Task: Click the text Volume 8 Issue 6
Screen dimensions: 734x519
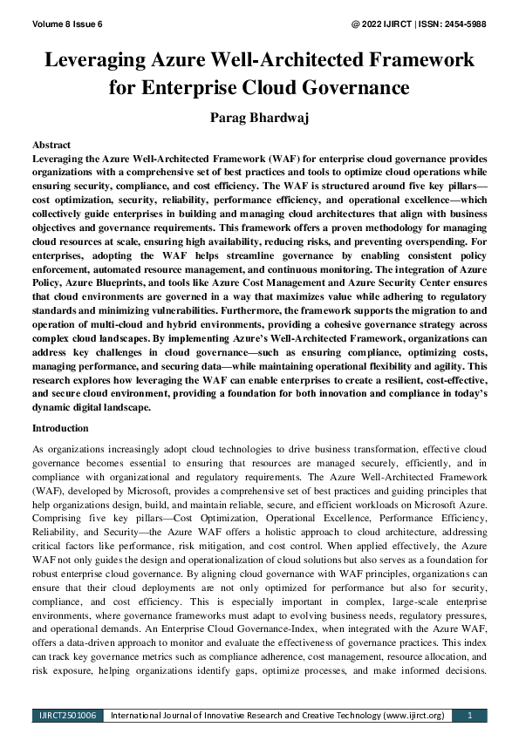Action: [x=67, y=24]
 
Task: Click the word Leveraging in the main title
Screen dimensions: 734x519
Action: [x=106, y=60]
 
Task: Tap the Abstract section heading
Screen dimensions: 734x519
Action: [x=51, y=144]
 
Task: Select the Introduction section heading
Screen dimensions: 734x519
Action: [x=59, y=428]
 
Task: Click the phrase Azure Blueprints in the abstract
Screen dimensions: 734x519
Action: [x=91, y=282]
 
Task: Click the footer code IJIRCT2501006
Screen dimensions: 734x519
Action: [x=68, y=716]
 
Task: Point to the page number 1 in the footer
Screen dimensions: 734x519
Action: [x=470, y=716]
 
